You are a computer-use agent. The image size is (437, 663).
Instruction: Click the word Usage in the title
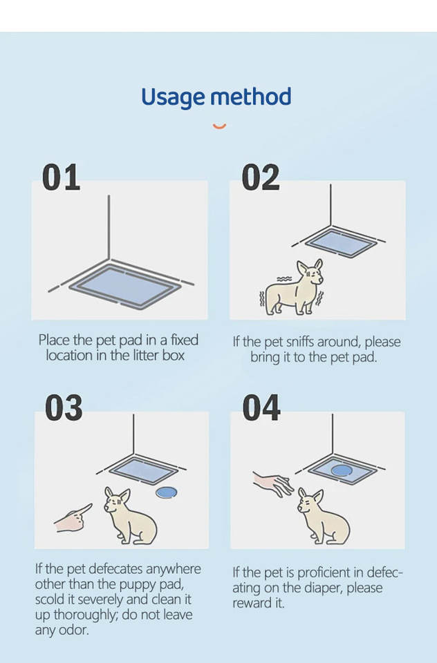[174, 98]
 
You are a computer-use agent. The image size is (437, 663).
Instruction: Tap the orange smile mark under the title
[219, 126]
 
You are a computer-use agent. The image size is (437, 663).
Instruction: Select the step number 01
[61, 177]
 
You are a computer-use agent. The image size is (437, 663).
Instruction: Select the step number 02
[261, 177]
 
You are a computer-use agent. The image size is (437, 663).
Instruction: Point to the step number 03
[64, 407]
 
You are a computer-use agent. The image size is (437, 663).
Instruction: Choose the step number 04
[261, 407]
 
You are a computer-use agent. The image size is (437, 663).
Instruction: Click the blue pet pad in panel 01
[125, 286]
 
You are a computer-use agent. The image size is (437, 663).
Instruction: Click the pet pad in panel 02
[341, 242]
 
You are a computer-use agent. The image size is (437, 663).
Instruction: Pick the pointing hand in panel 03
[73, 519]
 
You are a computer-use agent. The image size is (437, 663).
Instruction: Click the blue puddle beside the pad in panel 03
[167, 492]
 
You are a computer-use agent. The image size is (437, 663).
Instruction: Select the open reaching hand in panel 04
[273, 484]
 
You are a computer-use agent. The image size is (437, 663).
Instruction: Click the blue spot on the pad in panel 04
[342, 470]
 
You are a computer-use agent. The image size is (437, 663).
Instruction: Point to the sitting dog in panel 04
[323, 516]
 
